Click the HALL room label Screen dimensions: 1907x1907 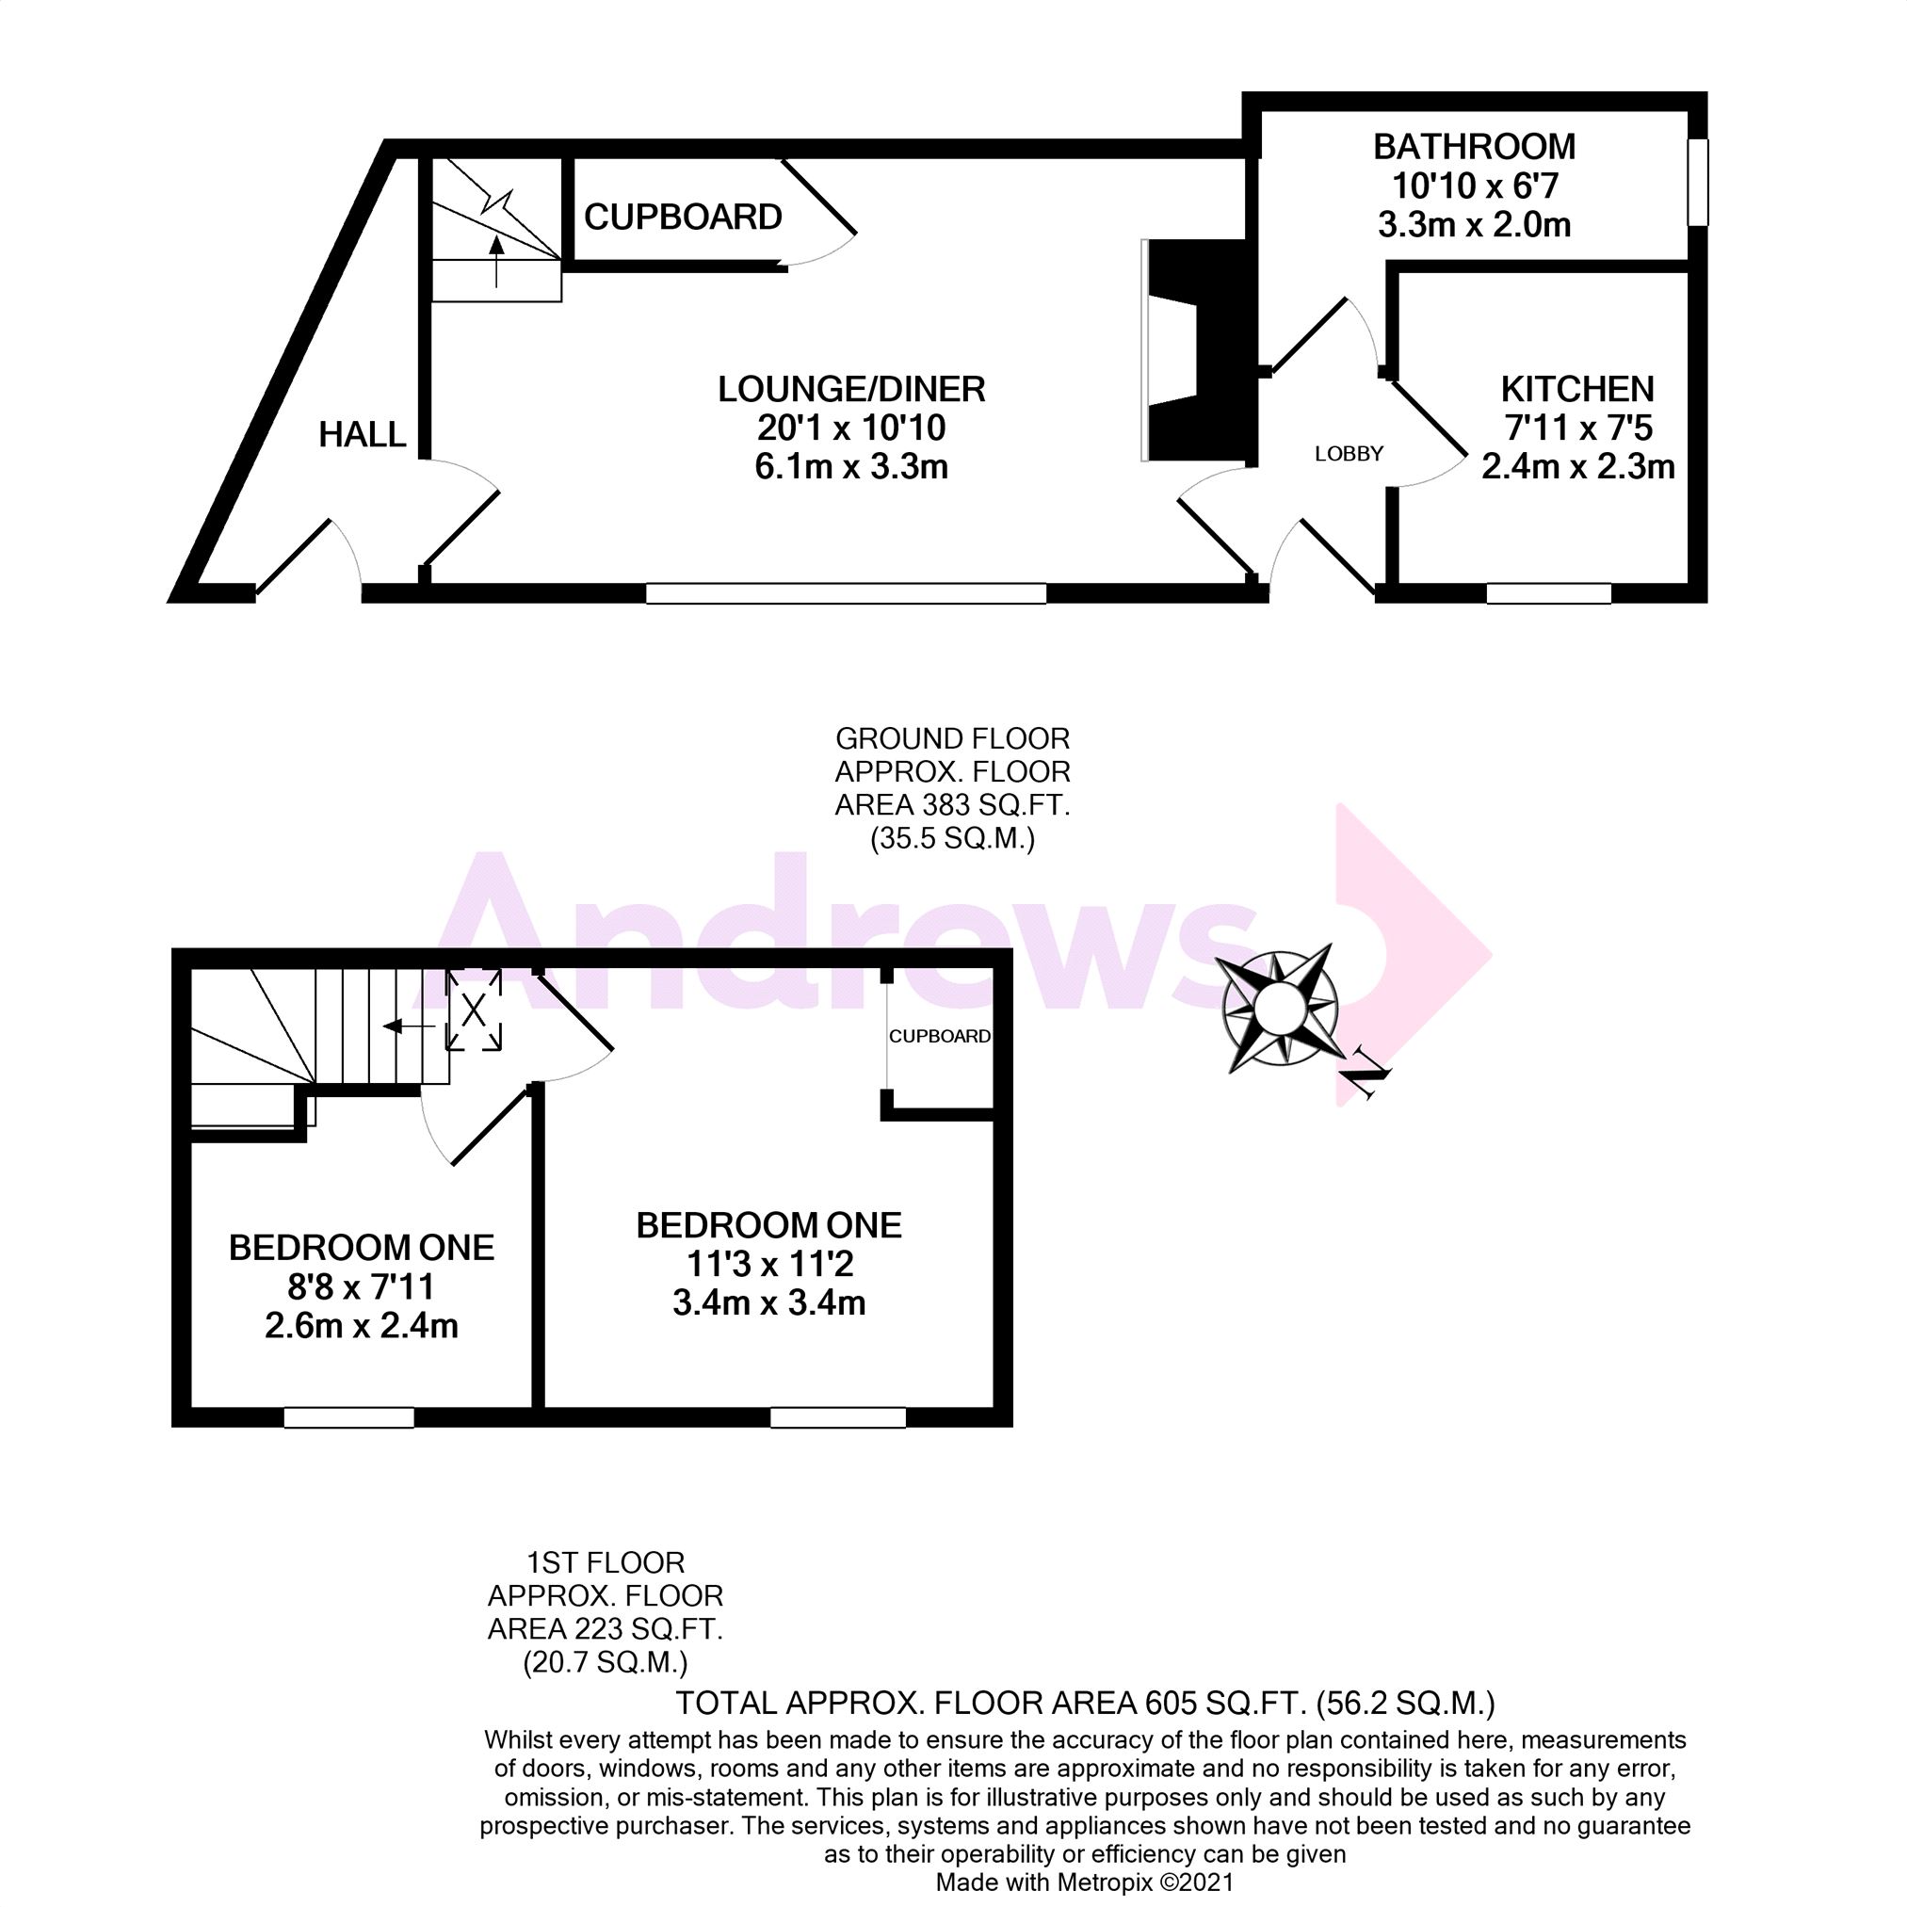[x=363, y=434]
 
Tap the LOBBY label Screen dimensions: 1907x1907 [x=1349, y=453]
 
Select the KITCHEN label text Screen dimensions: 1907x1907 [x=1576, y=389]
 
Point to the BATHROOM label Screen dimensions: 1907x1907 [x=1474, y=147]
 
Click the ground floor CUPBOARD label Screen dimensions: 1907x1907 [x=683, y=218]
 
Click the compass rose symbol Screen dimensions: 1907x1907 [x=1279, y=1009]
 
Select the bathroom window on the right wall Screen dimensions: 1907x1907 [x=1697, y=183]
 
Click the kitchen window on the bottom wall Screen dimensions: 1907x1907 [x=1549, y=593]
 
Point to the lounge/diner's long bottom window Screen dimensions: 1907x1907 [x=846, y=593]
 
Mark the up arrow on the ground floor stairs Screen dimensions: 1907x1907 [x=496, y=262]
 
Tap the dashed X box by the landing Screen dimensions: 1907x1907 [x=474, y=1010]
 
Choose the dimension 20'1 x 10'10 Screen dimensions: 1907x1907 [x=850, y=428]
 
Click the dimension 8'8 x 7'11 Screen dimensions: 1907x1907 [x=362, y=1287]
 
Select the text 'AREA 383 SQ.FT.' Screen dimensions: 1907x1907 [x=952, y=805]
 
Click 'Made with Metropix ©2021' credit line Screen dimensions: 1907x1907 [x=1085, y=1883]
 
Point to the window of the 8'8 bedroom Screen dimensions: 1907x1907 [x=348, y=1417]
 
